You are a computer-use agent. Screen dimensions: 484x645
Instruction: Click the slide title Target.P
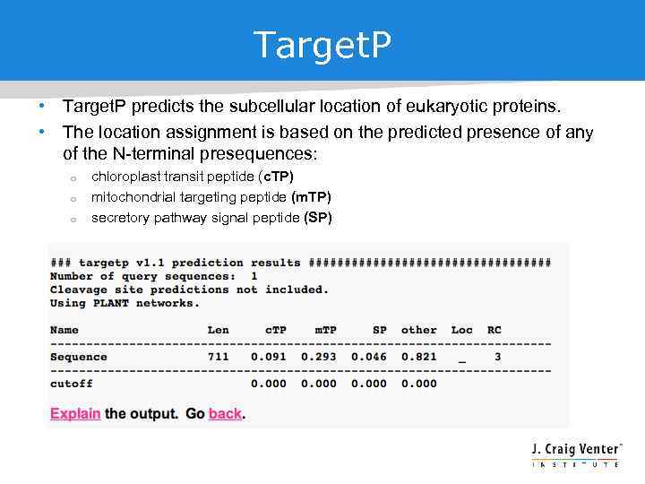tap(322, 45)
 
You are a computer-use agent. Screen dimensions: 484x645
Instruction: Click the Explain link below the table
tap(75, 414)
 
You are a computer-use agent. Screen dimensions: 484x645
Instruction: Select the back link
tap(225, 414)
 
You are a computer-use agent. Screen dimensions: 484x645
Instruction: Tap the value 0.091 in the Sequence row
tap(269, 357)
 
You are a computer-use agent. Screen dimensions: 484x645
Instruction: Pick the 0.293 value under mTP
tap(319, 357)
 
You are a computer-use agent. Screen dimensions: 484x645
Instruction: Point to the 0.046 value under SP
tap(369, 357)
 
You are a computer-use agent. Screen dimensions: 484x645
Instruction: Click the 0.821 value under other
tap(419, 357)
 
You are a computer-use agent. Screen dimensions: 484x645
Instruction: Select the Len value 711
tap(219, 357)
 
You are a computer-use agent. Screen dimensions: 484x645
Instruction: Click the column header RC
tap(494, 330)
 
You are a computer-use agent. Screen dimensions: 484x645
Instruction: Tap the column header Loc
tap(461, 330)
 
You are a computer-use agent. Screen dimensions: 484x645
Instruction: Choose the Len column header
tap(219, 330)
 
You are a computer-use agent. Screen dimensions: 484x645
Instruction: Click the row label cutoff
tap(72, 384)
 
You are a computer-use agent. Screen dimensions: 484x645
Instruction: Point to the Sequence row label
tap(79, 357)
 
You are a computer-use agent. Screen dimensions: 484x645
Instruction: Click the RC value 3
tap(497, 357)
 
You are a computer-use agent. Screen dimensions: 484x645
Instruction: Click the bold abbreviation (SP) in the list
tap(318, 218)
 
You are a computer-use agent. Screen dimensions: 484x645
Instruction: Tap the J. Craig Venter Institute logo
tap(575, 453)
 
